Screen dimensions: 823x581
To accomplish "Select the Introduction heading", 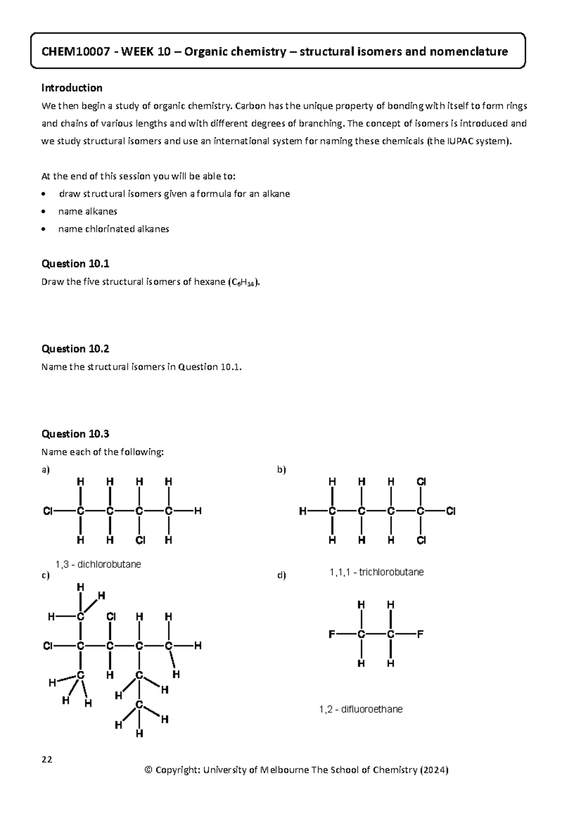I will [x=72, y=88].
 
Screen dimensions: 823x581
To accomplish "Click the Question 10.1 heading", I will [x=75, y=263].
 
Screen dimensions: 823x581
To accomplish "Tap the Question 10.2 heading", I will [x=75, y=349].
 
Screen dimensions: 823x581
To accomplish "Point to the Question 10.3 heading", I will [x=75, y=434].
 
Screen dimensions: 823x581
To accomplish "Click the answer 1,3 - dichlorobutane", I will [x=98, y=564].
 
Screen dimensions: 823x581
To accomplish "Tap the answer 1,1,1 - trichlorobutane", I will [x=377, y=572].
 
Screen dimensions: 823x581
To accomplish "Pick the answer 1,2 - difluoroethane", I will [x=361, y=709].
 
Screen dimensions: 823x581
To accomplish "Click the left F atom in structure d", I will [x=331, y=634].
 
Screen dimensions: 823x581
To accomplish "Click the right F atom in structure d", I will [x=420, y=634].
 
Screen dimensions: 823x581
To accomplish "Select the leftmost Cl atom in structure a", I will [x=47, y=511].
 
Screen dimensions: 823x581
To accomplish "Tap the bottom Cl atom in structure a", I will [x=140, y=540].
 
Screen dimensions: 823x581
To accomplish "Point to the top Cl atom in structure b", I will [x=421, y=482].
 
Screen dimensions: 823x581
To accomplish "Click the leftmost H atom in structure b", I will [x=303, y=511].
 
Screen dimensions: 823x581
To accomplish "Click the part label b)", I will [x=281, y=470].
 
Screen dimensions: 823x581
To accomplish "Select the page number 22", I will [x=47, y=759].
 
